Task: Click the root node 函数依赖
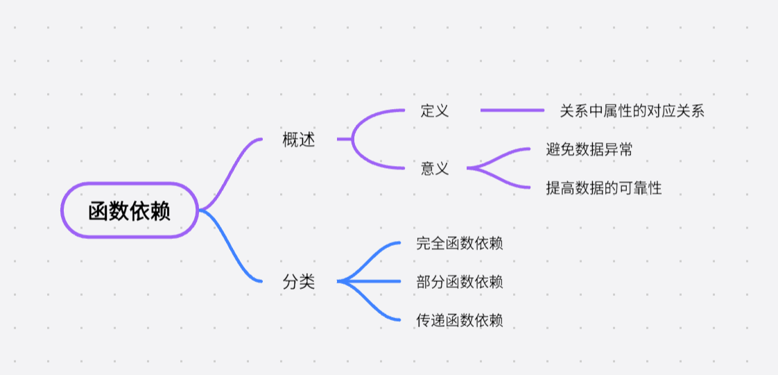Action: click(130, 210)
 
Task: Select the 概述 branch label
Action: click(299, 140)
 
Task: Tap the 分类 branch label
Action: click(299, 282)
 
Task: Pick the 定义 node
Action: click(435, 110)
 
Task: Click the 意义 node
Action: click(435, 168)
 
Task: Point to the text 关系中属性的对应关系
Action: click(632, 110)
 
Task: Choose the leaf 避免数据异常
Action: click(589, 149)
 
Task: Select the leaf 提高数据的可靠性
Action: click(604, 187)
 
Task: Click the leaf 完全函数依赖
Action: click(460, 243)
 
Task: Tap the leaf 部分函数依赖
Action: click(460, 282)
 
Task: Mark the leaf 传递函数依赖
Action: click(460, 320)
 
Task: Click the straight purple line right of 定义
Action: click(512, 110)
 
